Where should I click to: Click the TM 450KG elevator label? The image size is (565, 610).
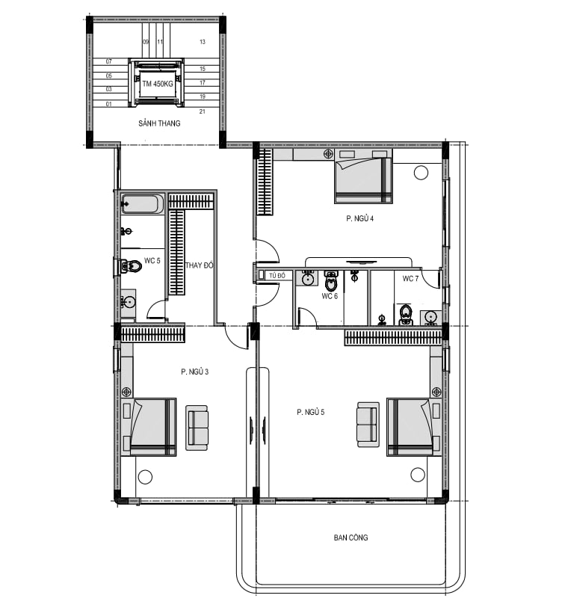click(x=158, y=84)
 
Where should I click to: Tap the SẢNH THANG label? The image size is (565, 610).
click(x=159, y=123)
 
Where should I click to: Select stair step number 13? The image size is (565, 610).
click(x=203, y=42)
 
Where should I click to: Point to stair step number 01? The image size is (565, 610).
click(x=109, y=104)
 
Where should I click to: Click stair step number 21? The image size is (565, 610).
click(x=203, y=111)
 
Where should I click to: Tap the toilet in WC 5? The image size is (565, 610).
click(x=131, y=267)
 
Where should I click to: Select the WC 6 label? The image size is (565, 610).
click(x=330, y=296)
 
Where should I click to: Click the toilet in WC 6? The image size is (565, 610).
click(x=331, y=281)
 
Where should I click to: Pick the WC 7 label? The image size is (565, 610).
click(x=410, y=279)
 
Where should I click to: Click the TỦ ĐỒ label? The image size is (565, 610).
click(x=277, y=275)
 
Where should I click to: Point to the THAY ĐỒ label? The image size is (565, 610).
click(x=199, y=265)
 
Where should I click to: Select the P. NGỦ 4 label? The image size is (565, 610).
click(x=360, y=218)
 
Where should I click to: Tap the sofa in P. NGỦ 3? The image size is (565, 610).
click(x=197, y=428)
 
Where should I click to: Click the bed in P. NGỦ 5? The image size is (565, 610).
click(x=410, y=427)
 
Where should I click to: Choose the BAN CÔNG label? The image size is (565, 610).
click(x=351, y=537)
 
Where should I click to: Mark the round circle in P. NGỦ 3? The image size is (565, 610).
click(x=145, y=477)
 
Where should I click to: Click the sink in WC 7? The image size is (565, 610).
click(x=430, y=318)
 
